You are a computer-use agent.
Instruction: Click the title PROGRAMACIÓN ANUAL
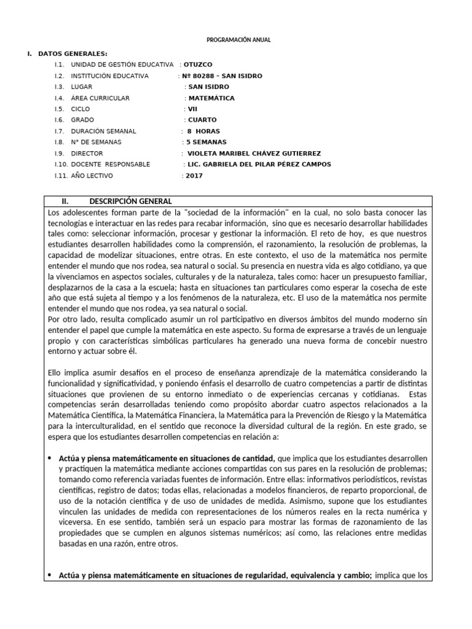point(237,40)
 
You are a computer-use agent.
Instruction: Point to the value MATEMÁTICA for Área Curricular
point(211,98)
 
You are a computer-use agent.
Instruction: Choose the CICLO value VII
point(193,109)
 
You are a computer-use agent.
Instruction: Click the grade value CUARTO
point(202,120)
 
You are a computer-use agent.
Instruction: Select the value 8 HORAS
point(203,131)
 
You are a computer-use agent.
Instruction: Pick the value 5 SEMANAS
point(206,142)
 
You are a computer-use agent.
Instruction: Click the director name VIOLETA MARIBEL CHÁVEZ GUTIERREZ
point(253,153)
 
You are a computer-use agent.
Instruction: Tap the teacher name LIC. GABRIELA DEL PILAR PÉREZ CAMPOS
point(259,164)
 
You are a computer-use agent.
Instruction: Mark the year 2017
point(194,176)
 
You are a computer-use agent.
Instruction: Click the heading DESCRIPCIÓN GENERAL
point(130,201)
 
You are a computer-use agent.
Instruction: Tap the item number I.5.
point(59,109)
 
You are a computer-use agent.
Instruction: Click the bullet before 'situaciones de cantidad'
point(50,458)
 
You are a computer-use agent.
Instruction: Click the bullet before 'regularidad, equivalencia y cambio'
point(50,575)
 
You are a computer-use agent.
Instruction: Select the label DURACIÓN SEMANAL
point(103,131)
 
